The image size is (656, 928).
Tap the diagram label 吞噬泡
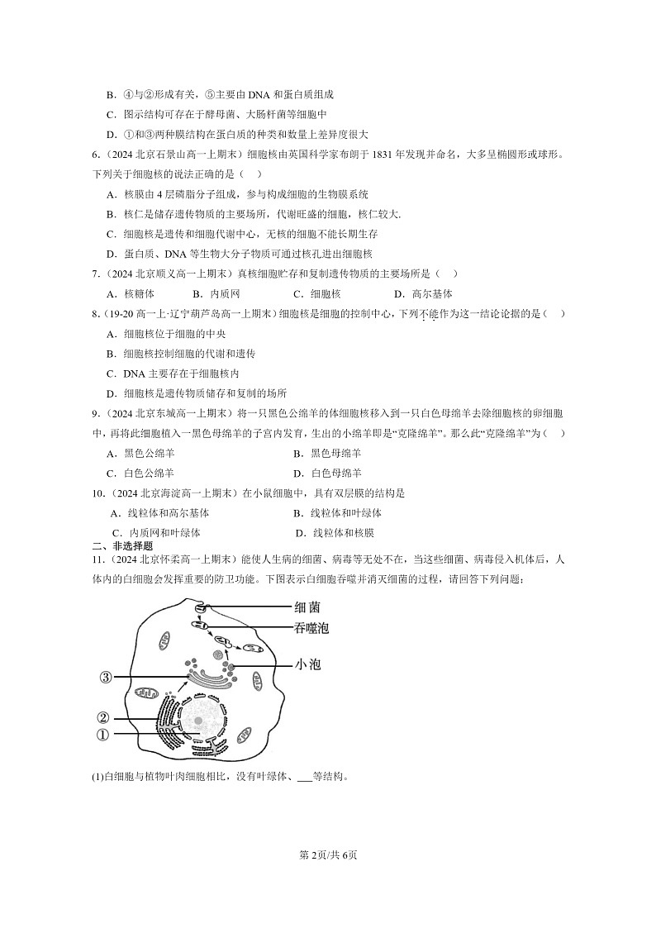pos(311,628)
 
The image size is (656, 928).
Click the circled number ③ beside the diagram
pos(105,678)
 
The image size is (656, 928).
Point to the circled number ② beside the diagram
pos(103,717)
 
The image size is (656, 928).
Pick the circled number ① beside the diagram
pos(103,735)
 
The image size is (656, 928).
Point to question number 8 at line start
pos(96,314)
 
